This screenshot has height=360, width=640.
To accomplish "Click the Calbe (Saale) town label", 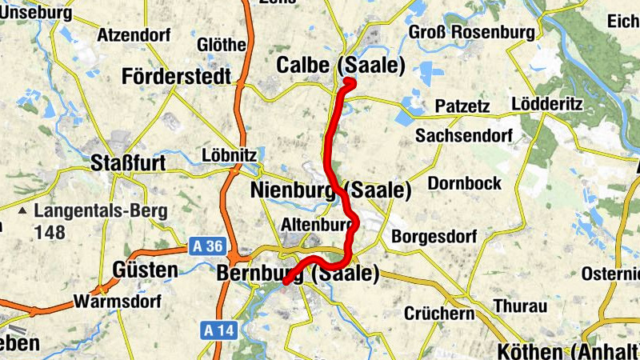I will pos(341,66).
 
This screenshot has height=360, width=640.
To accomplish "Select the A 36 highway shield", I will pos(209,246).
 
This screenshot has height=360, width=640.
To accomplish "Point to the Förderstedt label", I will pos(177,77).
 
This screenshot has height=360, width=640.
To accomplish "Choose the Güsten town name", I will pos(146,270).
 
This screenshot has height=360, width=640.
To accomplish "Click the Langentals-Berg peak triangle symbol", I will pos(23,212).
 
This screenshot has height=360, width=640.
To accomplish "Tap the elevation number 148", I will pos(50,232).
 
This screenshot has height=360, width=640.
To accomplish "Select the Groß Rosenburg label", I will pos(471,32).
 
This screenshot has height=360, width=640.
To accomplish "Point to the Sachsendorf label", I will pos(463,135).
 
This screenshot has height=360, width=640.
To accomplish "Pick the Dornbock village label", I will pos(465,183).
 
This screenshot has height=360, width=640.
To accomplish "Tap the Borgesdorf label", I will pos(434,237).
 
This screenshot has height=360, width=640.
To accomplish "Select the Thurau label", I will pos(520,306).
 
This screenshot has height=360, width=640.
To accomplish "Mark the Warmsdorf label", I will pos(117,302).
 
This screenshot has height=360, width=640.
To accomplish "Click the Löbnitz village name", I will pos(230,154).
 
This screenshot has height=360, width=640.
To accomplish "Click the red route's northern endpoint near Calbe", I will pos(350,81).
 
